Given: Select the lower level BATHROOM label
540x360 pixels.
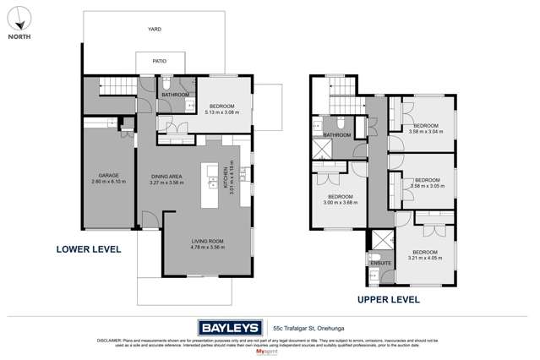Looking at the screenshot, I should tap(176, 95).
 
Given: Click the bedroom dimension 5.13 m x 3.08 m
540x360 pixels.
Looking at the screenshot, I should tap(224, 111).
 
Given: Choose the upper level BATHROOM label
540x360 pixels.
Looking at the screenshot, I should tap(336, 134).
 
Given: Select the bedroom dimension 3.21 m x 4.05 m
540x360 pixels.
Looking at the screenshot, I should tap(424, 257).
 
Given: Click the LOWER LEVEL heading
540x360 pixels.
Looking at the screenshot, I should tap(88, 249).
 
